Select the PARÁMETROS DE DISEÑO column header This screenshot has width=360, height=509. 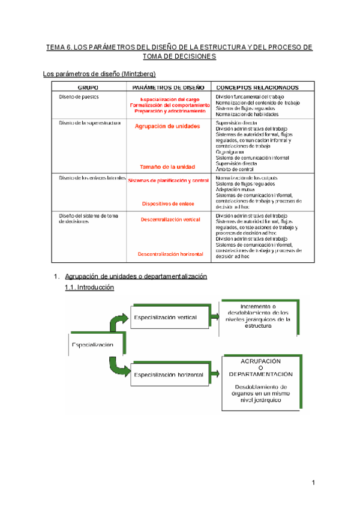168,87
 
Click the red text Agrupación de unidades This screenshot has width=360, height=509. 167,126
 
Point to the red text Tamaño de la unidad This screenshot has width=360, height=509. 168,166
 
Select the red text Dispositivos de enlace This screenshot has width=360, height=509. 168,203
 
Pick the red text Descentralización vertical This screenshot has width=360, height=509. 170,220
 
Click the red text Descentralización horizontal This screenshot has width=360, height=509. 170,254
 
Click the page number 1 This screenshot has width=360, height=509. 313,483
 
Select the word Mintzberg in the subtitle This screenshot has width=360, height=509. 137,74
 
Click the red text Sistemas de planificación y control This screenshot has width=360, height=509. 168,180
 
